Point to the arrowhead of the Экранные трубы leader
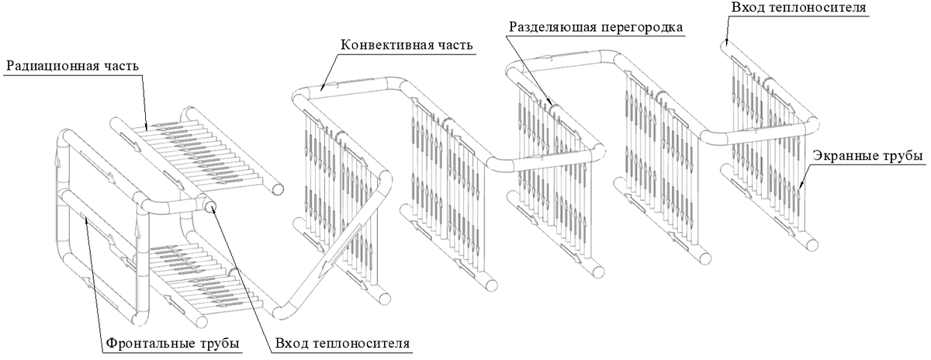coord(799,187)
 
